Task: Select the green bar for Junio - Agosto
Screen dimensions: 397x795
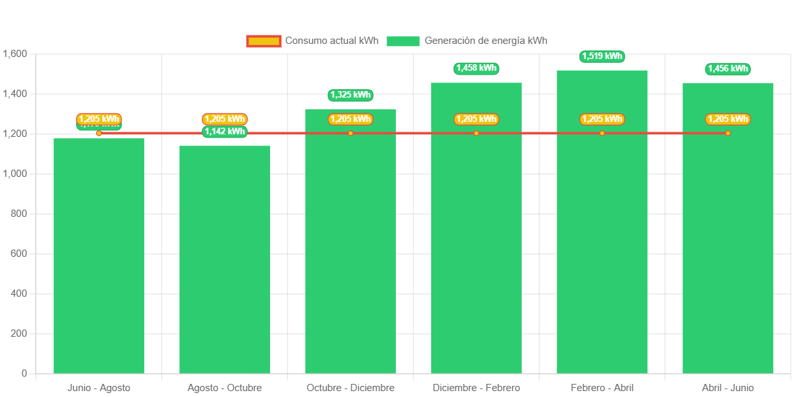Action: coord(98,255)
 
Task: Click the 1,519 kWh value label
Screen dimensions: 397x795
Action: coord(602,56)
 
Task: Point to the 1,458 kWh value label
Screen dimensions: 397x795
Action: coord(476,68)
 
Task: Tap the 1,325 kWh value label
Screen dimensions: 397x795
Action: coord(350,95)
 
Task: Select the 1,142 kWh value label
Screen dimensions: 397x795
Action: coord(224,132)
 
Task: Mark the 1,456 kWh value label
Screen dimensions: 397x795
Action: coord(727,69)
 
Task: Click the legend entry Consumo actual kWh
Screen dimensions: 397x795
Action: coord(313,41)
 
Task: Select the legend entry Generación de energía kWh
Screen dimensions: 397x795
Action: coord(467,41)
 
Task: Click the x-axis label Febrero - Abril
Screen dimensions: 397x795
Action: coord(602,388)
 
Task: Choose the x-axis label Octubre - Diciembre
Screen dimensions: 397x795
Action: coord(350,388)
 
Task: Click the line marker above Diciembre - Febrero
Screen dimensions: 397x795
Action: coord(476,134)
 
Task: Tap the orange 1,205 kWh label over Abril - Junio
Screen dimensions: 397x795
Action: coord(727,119)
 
